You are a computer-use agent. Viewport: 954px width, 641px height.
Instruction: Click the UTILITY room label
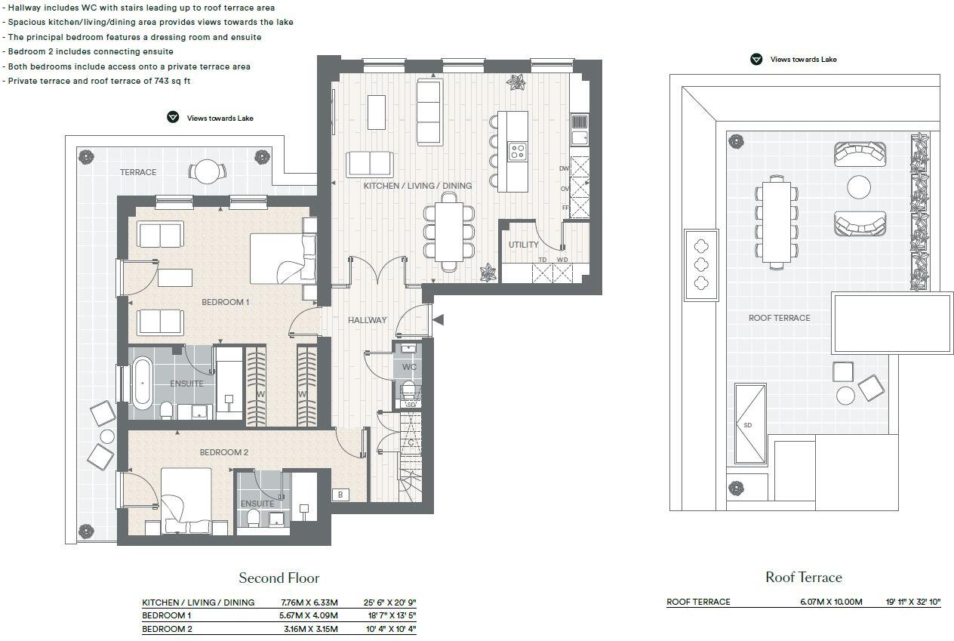(x=523, y=245)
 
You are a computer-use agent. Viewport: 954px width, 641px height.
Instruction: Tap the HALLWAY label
(x=367, y=320)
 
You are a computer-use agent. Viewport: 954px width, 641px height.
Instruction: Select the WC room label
(x=409, y=367)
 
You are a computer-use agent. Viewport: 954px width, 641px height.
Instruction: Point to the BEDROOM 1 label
(x=225, y=302)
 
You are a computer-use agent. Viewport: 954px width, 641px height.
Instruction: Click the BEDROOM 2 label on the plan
(x=223, y=453)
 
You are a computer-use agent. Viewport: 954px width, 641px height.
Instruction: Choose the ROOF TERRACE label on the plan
(x=779, y=318)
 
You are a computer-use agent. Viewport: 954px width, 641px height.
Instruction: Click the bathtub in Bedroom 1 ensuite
(x=142, y=384)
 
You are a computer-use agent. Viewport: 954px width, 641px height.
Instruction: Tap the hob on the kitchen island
(x=518, y=151)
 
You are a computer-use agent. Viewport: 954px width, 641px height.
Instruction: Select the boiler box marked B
(x=341, y=495)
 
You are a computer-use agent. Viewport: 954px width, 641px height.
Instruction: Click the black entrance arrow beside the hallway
(x=438, y=320)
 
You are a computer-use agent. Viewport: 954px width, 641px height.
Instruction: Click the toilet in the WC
(x=408, y=390)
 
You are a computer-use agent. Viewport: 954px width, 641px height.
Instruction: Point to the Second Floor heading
(x=279, y=578)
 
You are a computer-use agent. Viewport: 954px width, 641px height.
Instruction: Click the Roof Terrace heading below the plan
(x=803, y=578)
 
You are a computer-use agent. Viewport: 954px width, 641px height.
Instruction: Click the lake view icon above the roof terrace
(x=756, y=60)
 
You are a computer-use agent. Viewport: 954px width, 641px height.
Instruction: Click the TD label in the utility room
(x=542, y=260)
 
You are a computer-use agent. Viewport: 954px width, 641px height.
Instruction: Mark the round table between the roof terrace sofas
(x=859, y=186)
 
